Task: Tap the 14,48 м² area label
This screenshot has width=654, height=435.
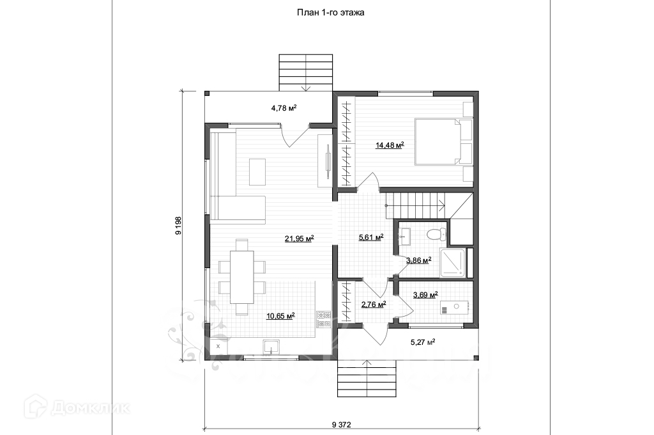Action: point(390,146)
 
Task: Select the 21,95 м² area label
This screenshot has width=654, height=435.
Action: point(299,239)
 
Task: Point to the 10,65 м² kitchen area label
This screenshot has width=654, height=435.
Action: point(280,315)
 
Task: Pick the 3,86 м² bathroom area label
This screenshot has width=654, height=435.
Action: point(418,260)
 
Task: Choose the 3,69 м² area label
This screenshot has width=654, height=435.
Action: point(425,295)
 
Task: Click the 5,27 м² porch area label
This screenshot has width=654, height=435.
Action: point(422,342)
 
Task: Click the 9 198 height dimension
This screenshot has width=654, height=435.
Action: point(179,225)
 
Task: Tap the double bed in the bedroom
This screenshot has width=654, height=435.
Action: point(438,141)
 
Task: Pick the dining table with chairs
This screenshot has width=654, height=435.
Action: point(242,277)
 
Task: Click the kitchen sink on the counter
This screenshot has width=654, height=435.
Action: point(271,347)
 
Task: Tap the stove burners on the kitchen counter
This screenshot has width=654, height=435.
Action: point(324,318)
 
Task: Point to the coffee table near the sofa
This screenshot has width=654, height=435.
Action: point(257,171)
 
